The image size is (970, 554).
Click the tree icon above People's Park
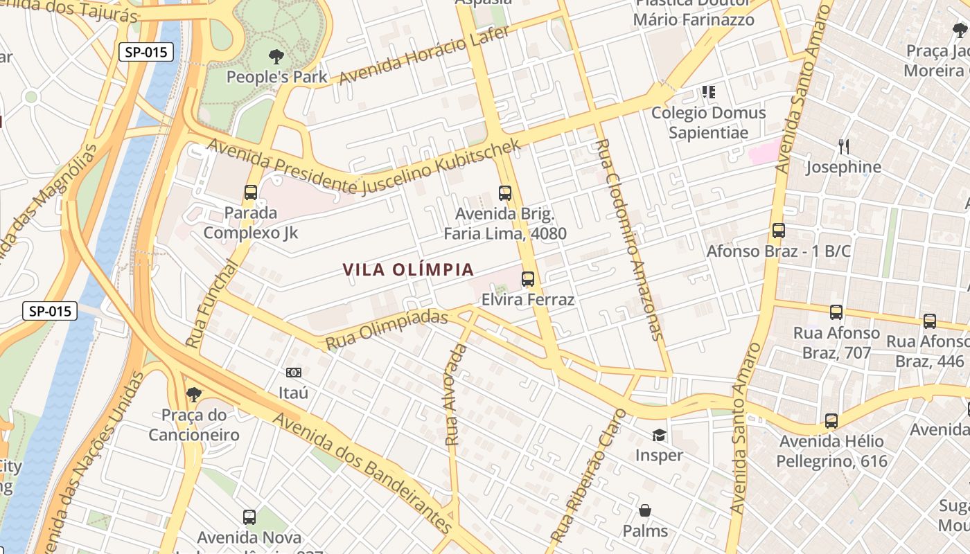tap(276, 56)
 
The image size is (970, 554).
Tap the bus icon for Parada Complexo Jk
tap(251, 193)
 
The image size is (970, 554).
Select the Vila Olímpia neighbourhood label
tap(408, 269)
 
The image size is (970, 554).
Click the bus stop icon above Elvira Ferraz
tap(528, 279)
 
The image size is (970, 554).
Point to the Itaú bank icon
tap(294, 373)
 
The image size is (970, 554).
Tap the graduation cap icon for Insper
tap(659, 435)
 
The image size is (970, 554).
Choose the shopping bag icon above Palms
tap(645, 510)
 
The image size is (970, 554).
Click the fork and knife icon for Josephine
tap(843, 146)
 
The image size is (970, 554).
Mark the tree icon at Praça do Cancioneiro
tap(194, 395)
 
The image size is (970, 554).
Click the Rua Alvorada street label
tap(456, 393)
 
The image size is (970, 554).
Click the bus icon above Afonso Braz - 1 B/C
tap(779, 231)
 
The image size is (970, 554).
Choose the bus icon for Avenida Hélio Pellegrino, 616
tap(831, 420)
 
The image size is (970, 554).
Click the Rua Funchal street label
tap(211, 303)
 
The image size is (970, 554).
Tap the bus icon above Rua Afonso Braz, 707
tap(836, 312)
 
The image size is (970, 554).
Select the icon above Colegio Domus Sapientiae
tap(708, 91)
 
